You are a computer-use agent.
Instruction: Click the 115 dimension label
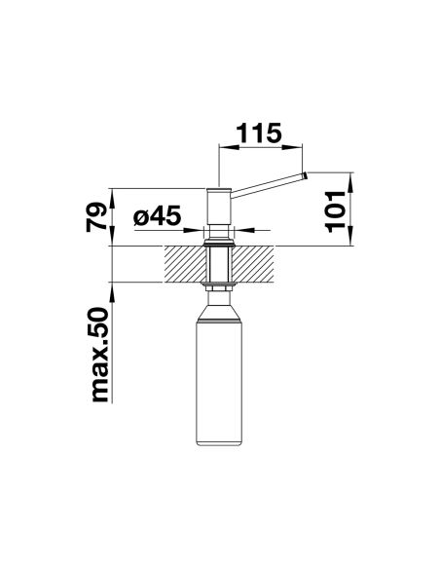pos(259,133)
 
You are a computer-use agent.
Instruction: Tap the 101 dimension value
pos(335,211)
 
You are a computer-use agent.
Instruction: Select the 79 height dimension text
pos(96,217)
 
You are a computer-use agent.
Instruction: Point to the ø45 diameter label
pos(157,215)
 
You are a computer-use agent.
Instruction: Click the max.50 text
pos(99,355)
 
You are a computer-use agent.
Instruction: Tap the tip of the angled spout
pos(305,175)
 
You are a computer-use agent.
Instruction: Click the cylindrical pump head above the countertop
pos(219,207)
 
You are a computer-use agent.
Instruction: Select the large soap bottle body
pos(219,384)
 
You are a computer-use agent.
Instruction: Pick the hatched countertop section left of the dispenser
pos(185,264)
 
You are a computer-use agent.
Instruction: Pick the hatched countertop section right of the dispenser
pos(253,264)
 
